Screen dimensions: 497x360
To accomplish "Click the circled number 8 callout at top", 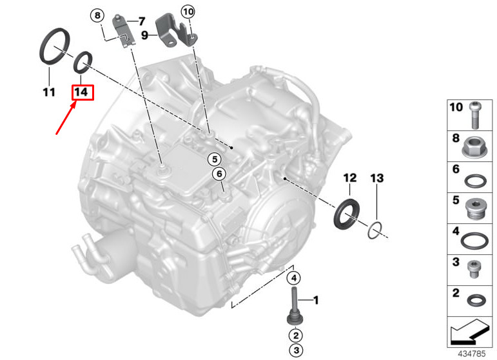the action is click(x=97, y=15).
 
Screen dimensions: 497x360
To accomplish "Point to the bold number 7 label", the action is click(x=141, y=21).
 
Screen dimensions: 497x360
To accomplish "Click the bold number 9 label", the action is click(x=144, y=35).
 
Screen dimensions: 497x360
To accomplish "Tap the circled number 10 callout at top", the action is click(x=188, y=12).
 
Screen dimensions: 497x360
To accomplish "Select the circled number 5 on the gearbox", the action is click(x=215, y=159).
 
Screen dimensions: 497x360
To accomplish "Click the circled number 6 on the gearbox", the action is click(x=219, y=174).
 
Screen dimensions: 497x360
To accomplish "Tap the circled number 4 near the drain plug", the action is click(x=294, y=278).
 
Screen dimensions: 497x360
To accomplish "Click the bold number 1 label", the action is click(x=316, y=300).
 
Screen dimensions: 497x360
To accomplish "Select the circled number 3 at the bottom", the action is click(x=296, y=350).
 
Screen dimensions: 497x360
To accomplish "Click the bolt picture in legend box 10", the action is click(x=474, y=115).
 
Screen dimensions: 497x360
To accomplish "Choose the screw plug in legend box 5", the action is click(x=476, y=209).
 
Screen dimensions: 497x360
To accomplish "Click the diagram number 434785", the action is click(x=472, y=354).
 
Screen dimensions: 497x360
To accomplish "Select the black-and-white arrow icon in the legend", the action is click(x=469, y=332).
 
